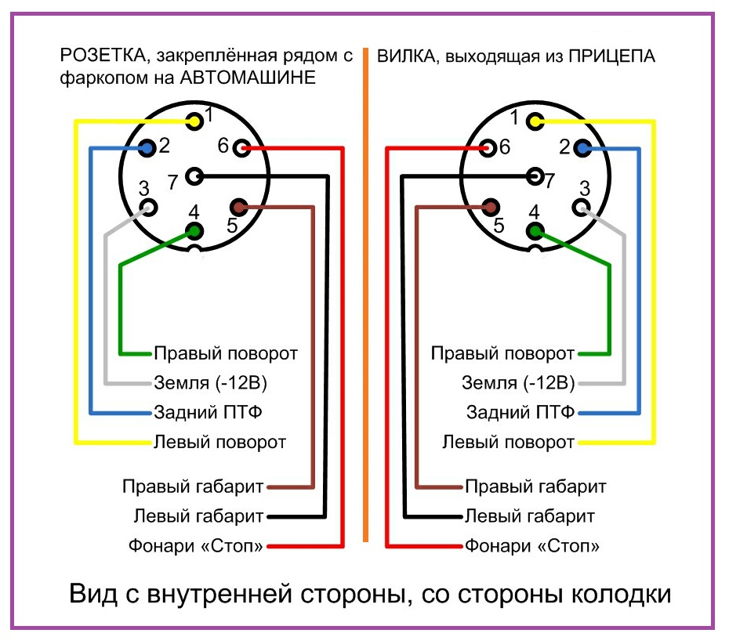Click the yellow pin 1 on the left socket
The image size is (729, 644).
coord(194,121)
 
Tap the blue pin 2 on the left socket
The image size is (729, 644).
coord(147,147)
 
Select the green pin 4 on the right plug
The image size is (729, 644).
coord(535,230)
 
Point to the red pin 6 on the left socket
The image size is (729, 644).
coord(241,147)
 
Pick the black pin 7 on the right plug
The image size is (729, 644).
coord(535,176)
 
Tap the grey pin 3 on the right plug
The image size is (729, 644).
coord(582,207)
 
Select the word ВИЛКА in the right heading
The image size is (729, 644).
coord(402,56)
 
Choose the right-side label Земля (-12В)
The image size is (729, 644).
coord(518,383)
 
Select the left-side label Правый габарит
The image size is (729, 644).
coord(193,487)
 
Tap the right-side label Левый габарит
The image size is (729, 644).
coord(530,516)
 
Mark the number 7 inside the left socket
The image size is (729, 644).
coord(172,183)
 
